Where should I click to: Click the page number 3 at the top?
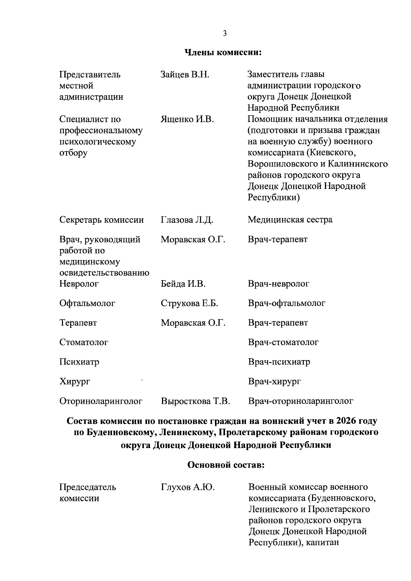[225, 33]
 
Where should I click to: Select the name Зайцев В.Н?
[185, 74]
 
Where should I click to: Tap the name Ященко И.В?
[187, 119]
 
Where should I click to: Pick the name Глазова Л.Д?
[187, 220]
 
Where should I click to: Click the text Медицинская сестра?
[290, 220]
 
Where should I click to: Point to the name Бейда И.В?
[183, 284]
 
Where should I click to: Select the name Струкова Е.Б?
[189, 303]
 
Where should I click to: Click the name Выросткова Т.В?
[195, 401]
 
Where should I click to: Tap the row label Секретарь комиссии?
[101, 220]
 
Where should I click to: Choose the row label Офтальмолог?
[87, 303]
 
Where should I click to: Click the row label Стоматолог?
[84, 342]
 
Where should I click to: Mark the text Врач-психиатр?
[279, 362]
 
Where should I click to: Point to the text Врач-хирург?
[274, 381]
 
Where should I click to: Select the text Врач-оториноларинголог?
[300, 401]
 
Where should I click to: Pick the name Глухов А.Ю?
[187, 487]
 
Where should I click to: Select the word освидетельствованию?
[104, 273]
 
